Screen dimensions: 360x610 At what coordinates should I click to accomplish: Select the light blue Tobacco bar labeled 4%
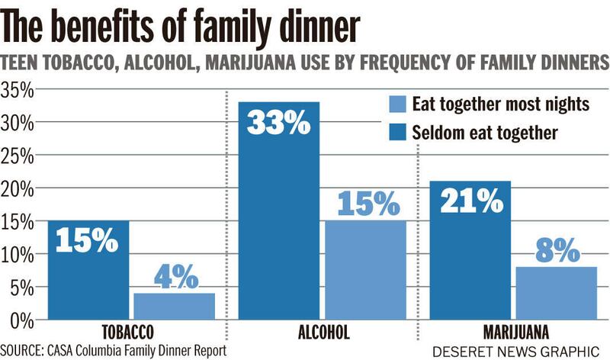174,306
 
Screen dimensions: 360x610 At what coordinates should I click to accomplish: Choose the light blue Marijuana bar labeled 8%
556,293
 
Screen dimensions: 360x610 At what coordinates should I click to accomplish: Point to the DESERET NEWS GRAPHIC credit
515,351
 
